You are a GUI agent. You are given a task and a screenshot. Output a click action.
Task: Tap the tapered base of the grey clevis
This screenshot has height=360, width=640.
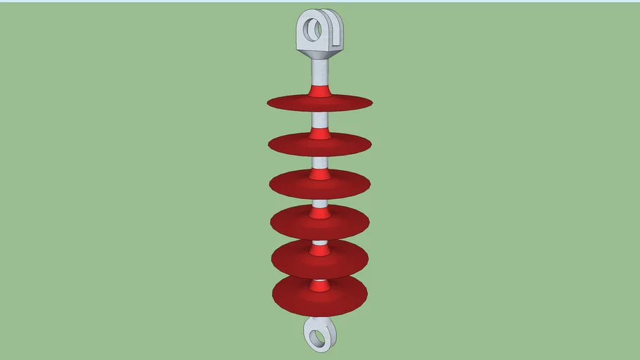[x=320, y=51]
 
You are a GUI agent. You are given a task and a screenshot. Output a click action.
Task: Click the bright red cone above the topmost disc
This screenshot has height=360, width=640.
[x=320, y=90]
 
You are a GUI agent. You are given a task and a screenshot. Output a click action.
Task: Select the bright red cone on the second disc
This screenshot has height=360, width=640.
[x=320, y=134]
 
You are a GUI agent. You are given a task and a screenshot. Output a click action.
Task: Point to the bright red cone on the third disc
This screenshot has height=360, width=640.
[x=320, y=173]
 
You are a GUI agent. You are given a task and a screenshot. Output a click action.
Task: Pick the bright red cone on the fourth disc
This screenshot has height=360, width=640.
[x=320, y=212]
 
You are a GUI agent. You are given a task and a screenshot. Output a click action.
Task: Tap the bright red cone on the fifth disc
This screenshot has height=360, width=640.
[x=320, y=248]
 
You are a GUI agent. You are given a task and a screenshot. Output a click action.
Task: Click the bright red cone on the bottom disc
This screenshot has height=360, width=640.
[x=320, y=285]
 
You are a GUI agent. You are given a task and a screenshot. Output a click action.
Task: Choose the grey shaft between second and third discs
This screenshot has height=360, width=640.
[x=320, y=162]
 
